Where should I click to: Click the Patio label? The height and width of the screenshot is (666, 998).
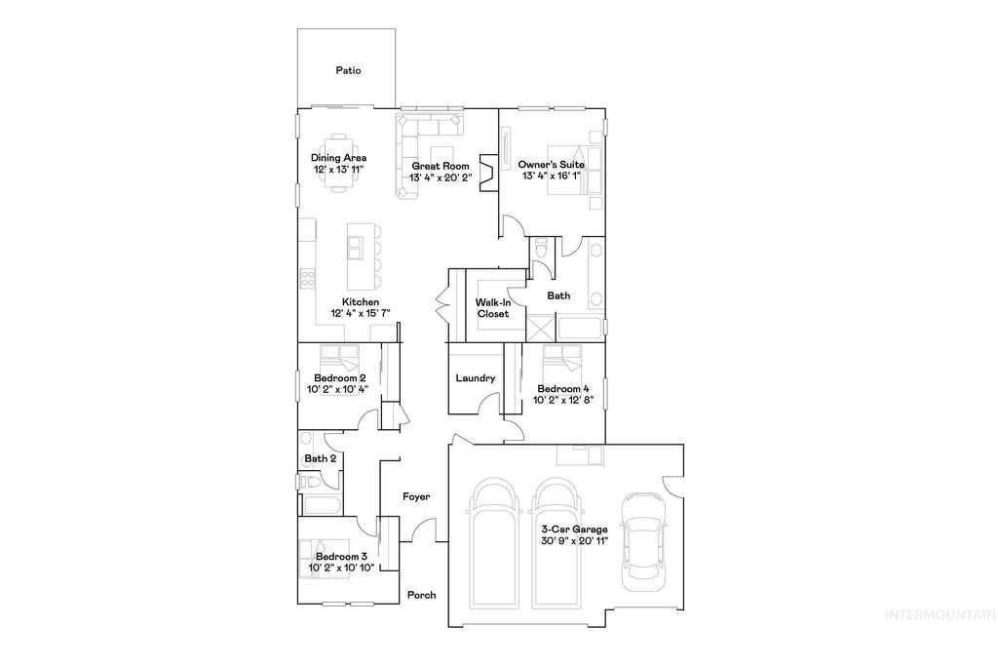pos(348,70)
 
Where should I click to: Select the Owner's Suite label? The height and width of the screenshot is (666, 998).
pos(552,165)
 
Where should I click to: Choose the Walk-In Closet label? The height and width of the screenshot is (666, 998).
pos(492,308)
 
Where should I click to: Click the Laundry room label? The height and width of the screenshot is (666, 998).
pos(476,378)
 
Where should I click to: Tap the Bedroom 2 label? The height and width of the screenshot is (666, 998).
pos(340,378)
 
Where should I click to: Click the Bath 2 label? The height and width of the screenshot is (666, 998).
pos(321,458)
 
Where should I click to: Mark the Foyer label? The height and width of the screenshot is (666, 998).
pos(416,497)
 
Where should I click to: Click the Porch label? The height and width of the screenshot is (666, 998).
pos(421,596)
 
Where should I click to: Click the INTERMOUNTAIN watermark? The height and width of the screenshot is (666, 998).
pos(938,615)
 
